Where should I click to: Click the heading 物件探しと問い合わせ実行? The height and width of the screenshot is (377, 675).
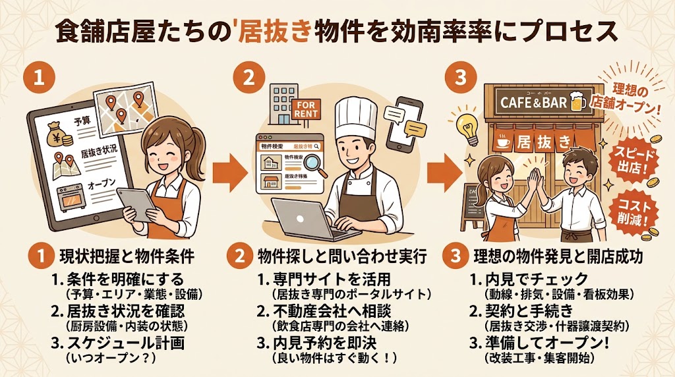341,254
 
